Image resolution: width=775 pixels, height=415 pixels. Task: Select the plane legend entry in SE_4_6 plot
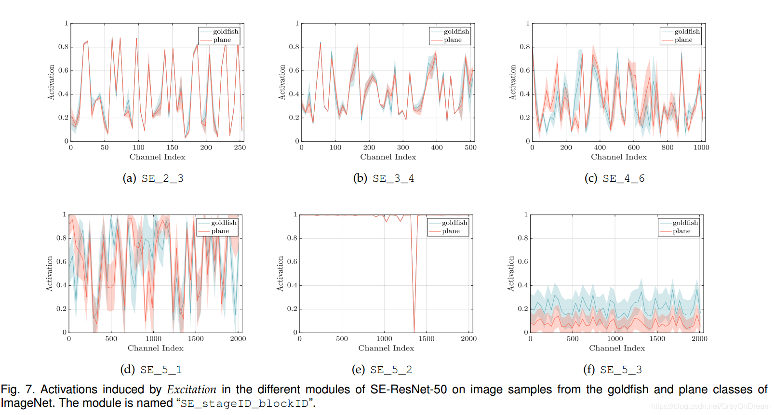683,40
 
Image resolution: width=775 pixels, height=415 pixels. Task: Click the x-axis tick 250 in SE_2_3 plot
240,147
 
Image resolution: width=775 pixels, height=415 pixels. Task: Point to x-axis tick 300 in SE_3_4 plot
403,147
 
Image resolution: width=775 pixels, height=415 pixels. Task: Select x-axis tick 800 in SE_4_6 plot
668,147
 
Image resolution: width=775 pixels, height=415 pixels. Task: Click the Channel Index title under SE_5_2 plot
386,348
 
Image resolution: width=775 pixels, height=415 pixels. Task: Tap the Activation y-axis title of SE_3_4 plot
282,82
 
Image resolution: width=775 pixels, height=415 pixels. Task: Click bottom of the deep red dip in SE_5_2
414,330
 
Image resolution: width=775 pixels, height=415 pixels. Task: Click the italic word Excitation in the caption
191,389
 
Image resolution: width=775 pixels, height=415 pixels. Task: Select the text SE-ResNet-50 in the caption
408,389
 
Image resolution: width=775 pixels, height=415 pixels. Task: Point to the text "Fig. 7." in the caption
17,389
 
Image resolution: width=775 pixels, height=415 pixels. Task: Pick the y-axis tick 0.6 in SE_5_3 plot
523,262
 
